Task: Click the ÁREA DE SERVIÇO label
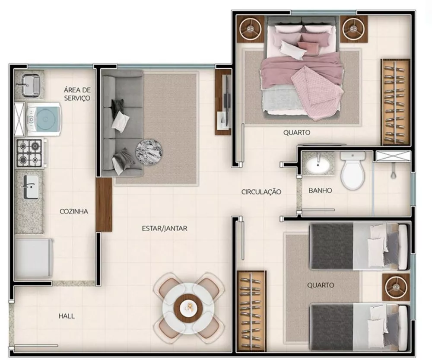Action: (77, 94)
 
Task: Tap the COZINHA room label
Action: (74, 211)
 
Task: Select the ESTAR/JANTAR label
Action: (165, 228)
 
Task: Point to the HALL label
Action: (67, 316)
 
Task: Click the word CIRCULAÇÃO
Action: (261, 191)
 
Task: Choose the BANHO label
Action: (320, 190)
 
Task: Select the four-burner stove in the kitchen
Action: (29, 153)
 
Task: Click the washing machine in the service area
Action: (43, 119)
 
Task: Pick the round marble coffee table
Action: (149, 152)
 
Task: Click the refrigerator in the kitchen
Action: (33, 258)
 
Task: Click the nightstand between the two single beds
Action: (396, 287)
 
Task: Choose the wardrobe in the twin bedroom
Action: (251, 310)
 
